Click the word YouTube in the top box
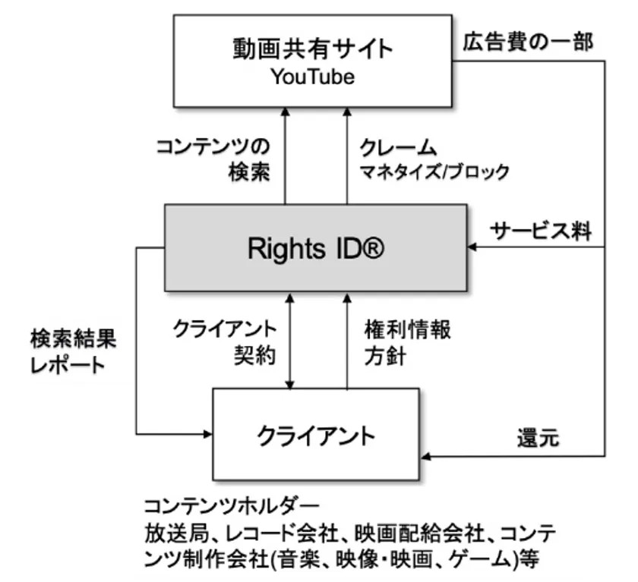click(312, 77)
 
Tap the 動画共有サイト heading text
click(312, 49)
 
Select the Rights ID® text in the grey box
click(316, 248)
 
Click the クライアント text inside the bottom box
click(316, 436)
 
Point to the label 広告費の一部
click(528, 42)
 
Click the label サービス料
click(540, 231)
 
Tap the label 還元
click(538, 438)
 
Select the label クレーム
click(397, 148)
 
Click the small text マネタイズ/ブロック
click(434, 171)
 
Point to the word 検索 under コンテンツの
click(249, 171)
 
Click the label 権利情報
click(407, 329)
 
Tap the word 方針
click(385, 356)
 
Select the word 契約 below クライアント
click(255, 356)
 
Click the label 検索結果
click(73, 338)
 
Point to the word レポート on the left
click(68, 366)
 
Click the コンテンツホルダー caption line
click(232, 507)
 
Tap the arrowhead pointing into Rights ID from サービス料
click(472, 247)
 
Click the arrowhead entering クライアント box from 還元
click(425, 456)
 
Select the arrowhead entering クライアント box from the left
click(207, 434)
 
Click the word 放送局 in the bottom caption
click(176, 533)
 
